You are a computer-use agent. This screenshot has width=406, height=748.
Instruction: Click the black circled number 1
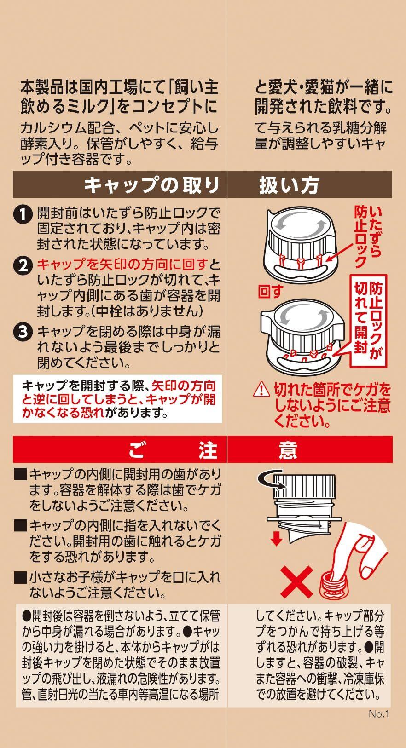(23, 214)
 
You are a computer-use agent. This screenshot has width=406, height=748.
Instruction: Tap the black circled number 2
(23, 266)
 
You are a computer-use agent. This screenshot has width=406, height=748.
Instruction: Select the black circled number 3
(23, 332)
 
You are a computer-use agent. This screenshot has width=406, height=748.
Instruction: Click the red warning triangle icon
(261, 390)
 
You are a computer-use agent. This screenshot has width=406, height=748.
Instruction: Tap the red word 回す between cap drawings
(271, 291)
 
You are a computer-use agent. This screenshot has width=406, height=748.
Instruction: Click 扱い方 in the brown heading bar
(290, 185)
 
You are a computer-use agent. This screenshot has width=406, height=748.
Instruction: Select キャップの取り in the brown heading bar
(151, 185)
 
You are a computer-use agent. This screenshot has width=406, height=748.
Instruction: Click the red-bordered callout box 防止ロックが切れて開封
(368, 321)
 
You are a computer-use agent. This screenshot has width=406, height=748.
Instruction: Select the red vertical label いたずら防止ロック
(368, 237)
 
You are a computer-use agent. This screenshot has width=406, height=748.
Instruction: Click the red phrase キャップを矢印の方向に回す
(122, 265)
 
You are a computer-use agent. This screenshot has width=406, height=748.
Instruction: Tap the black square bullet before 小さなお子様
(20, 577)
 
